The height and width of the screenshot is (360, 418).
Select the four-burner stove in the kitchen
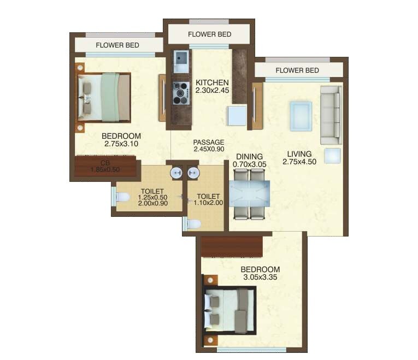[180, 93]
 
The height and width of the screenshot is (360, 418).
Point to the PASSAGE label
[209, 142]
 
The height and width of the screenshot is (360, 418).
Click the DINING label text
[248, 156]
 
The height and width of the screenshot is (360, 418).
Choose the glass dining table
[250, 194]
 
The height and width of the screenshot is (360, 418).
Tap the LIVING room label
[297, 154]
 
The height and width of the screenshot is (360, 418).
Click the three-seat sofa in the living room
[331, 115]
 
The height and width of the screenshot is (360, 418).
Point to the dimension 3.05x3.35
[260, 278]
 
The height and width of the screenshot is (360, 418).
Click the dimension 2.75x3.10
[121, 144]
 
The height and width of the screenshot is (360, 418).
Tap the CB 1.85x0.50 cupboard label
[105, 166]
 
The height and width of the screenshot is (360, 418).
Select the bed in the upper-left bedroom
[104, 97]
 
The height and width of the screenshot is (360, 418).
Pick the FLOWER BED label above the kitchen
[209, 34]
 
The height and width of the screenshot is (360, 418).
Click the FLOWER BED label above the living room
[297, 70]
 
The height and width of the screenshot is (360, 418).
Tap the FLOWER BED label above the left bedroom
[117, 45]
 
